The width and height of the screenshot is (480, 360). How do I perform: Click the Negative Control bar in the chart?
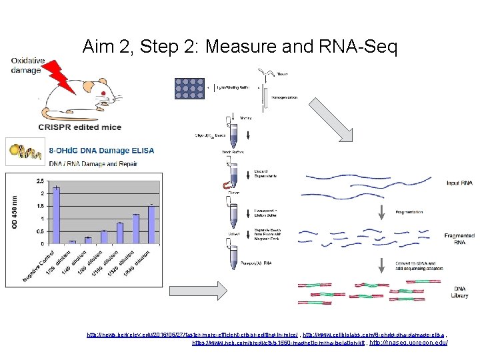[56, 215]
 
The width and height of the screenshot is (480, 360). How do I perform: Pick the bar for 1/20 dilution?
[72, 241]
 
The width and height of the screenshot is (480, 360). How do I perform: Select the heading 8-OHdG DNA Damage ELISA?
[102, 151]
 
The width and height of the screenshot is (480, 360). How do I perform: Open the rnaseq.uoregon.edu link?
[409, 343]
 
